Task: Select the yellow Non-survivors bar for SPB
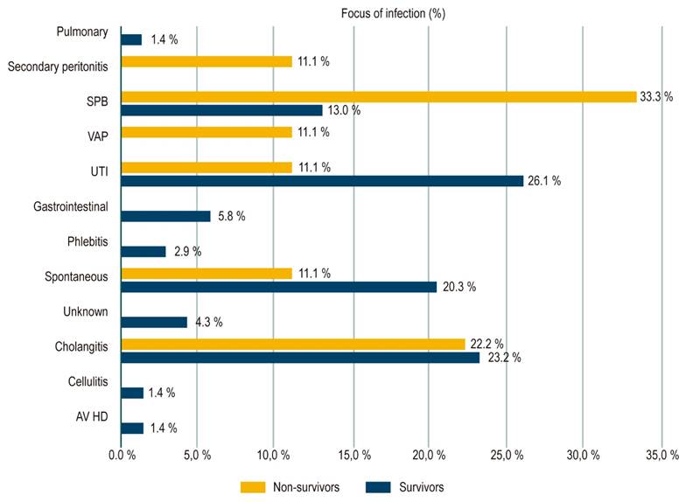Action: coord(378,96)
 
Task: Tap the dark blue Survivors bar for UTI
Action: coord(322,181)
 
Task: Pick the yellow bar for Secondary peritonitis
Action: coord(206,61)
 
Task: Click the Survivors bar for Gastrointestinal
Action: coord(165,216)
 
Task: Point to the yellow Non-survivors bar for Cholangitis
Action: coord(293,344)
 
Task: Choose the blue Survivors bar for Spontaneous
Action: coord(278,287)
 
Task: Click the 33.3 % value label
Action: coord(656,96)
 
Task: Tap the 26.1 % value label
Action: coord(544,181)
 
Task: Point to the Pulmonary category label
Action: coord(81,32)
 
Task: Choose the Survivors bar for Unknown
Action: coord(154,322)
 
